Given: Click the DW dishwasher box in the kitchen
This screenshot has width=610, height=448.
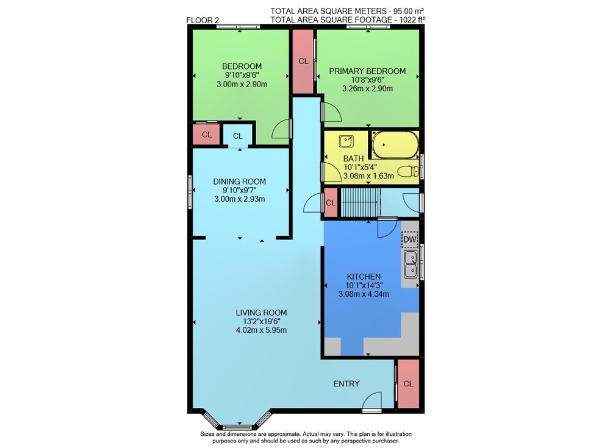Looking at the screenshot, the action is coord(410,239).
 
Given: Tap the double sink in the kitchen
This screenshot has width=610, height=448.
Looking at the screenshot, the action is coord(411,264).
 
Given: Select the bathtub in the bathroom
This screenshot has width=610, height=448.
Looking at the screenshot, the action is coord(395,144).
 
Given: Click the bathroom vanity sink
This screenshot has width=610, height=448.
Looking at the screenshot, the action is coord(346,141).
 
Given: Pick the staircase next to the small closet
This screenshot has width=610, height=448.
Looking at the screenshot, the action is coord(361,202).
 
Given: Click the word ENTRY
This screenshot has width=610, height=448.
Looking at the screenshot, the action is coord(346,384).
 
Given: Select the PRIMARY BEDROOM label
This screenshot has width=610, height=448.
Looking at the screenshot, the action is coord(367,71).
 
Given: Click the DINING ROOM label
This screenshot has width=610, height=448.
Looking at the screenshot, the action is coord(239,182).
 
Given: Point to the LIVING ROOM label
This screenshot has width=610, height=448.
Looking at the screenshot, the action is coord(262,313).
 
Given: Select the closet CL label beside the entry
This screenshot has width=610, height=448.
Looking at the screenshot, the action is coord(408,384).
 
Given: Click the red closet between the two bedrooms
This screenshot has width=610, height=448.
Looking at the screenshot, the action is coord(303,62).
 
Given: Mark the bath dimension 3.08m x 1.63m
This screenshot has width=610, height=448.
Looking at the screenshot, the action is coord(368,176).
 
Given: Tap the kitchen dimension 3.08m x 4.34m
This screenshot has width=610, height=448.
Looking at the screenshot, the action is coord(364,294).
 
